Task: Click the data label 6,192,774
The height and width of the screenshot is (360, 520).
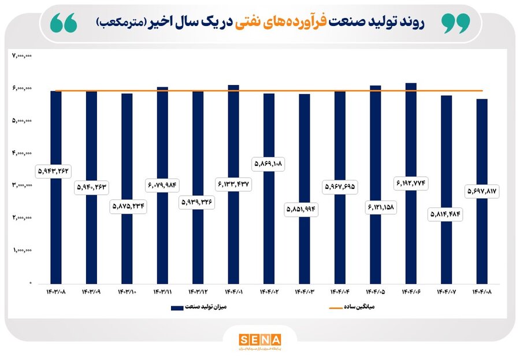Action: pos(411,183)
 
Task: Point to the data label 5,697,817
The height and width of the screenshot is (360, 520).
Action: pos(482,191)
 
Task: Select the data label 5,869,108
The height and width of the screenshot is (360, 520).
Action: pos(269,164)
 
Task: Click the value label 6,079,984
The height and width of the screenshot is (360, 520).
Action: pos(162,185)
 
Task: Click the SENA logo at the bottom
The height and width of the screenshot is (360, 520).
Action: pos(260,339)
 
